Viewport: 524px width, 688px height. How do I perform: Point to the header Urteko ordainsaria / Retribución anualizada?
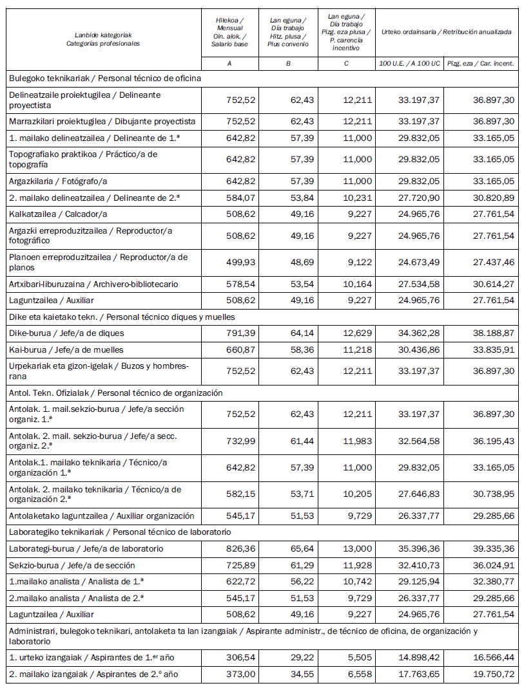click(447, 31)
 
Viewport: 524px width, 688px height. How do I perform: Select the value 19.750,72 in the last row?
click(492, 675)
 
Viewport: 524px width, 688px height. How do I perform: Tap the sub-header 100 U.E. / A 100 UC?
click(409, 64)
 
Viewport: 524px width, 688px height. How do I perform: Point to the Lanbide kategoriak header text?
click(103, 35)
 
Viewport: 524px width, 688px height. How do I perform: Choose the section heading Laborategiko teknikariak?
click(119, 532)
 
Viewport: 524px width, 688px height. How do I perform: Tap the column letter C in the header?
click(347, 64)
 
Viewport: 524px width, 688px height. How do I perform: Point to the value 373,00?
click(236, 675)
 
